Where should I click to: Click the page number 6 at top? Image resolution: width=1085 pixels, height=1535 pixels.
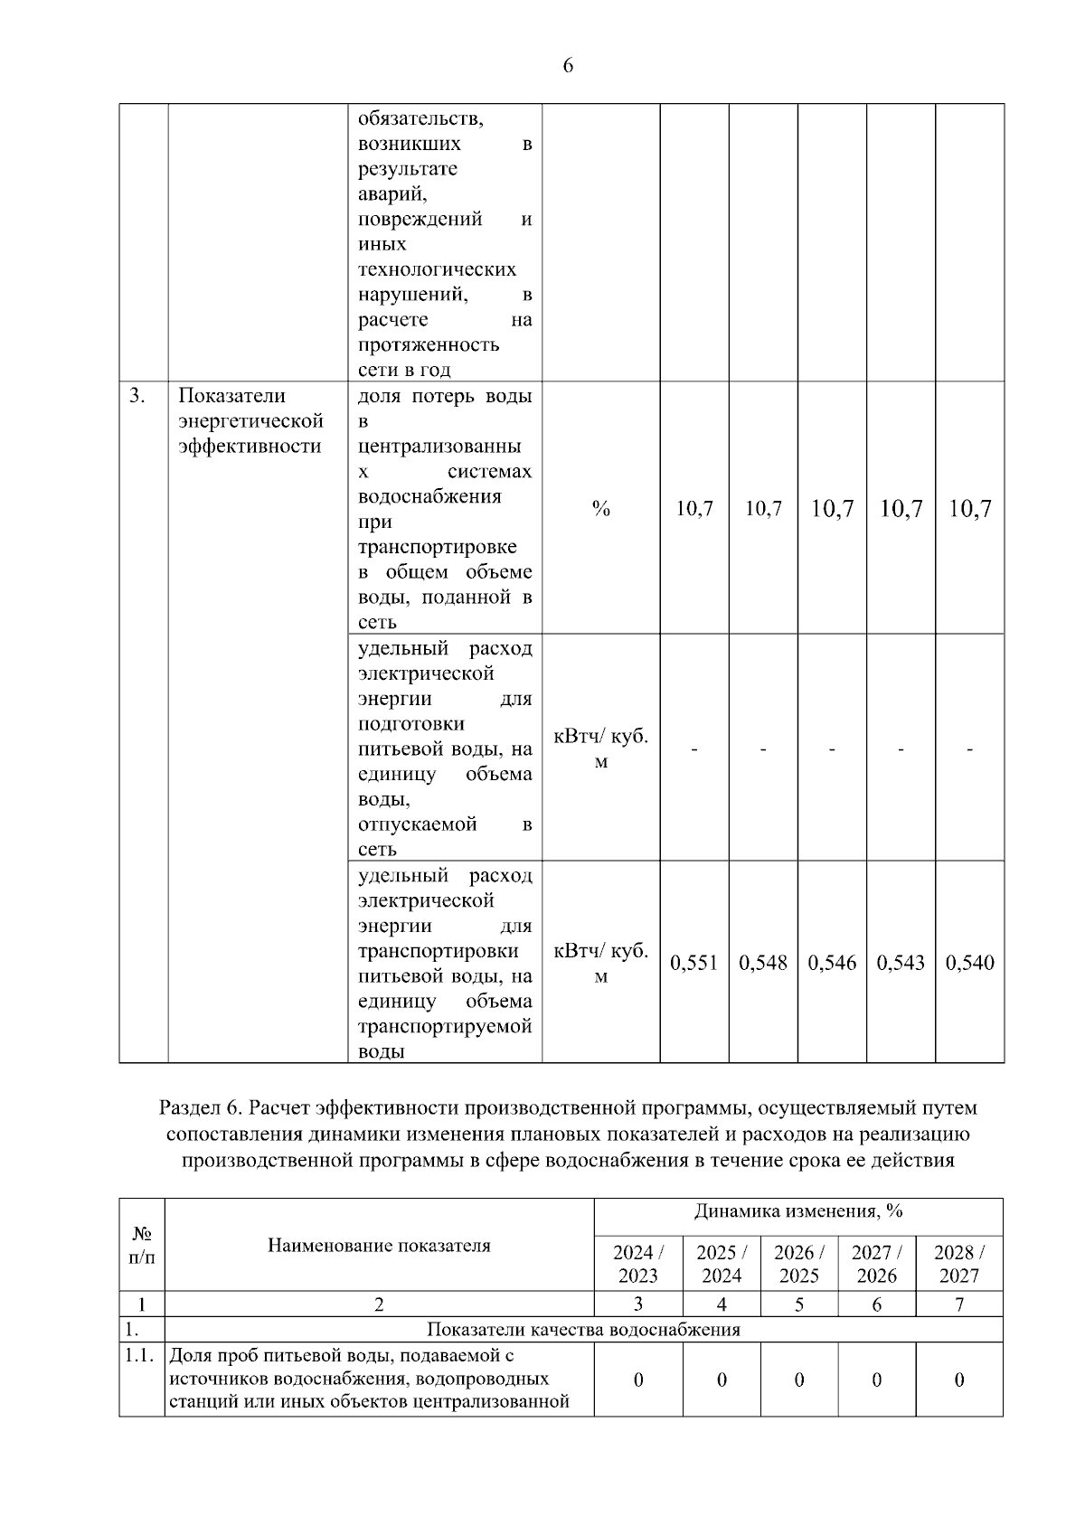(x=568, y=66)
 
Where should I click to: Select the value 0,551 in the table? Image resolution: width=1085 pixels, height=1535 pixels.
(x=693, y=963)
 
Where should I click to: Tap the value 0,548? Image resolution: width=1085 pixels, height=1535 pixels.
(x=763, y=963)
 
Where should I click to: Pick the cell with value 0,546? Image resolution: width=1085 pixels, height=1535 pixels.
(x=832, y=963)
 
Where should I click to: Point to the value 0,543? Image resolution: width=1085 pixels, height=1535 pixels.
(x=901, y=963)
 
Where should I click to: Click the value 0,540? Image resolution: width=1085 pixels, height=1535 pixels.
(x=969, y=963)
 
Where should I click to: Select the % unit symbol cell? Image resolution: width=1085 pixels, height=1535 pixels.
(x=600, y=509)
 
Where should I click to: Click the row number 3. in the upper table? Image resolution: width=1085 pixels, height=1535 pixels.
(x=137, y=396)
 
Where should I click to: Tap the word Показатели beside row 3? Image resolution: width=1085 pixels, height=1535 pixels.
(x=231, y=396)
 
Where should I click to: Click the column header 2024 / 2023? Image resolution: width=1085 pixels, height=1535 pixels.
(x=637, y=1264)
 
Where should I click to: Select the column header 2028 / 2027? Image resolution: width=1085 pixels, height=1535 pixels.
(x=958, y=1264)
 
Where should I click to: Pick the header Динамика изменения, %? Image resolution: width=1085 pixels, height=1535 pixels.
(x=798, y=1211)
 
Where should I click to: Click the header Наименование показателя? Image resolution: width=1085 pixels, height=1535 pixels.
(x=379, y=1245)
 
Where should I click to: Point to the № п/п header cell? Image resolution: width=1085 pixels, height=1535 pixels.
(x=142, y=1245)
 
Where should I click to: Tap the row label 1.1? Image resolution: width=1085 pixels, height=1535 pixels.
(x=141, y=1355)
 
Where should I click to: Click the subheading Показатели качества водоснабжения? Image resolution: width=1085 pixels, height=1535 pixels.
(x=583, y=1330)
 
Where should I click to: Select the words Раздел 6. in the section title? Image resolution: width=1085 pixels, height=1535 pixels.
(x=200, y=1108)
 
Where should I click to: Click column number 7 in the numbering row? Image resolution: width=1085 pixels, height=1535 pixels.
(x=958, y=1304)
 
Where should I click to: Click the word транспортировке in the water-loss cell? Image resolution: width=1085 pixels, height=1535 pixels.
(x=438, y=547)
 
